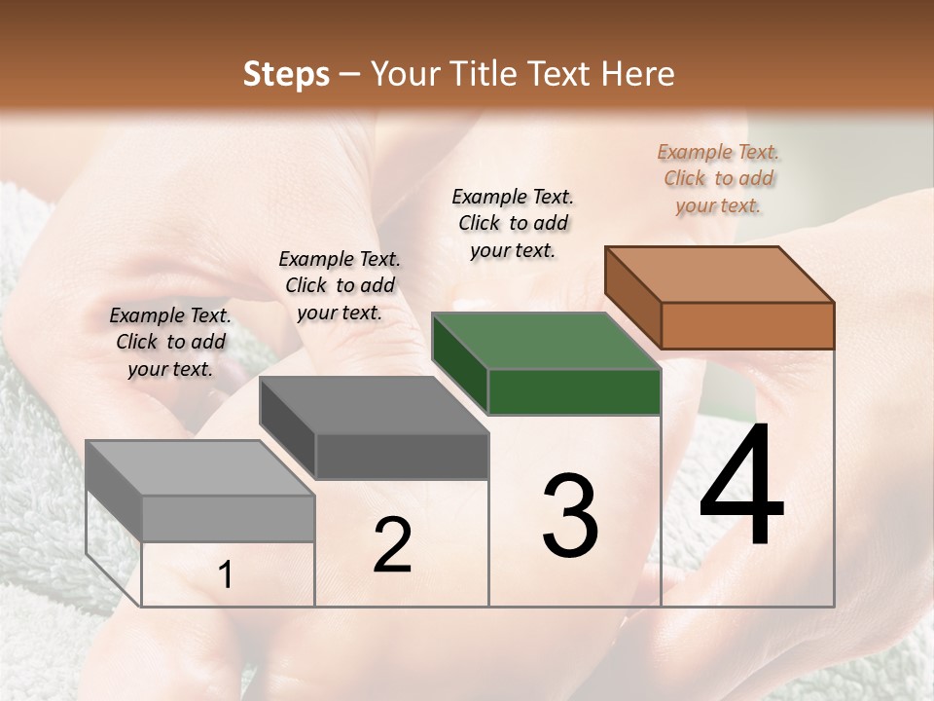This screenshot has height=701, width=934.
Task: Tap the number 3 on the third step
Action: tap(569, 516)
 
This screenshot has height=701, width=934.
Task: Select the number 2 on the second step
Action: tap(392, 545)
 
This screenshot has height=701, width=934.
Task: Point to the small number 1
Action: tap(226, 575)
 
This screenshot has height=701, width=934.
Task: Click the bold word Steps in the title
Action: tap(286, 74)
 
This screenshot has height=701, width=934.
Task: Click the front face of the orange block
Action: tap(747, 325)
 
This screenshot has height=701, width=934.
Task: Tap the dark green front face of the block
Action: tap(574, 391)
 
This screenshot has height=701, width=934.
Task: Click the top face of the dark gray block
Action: tap(374, 405)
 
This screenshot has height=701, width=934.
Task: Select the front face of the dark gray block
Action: tap(402, 456)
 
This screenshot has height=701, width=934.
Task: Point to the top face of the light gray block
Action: tap(200, 468)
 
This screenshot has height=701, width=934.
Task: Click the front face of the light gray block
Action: tap(228, 518)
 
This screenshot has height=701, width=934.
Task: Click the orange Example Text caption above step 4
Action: tap(718, 179)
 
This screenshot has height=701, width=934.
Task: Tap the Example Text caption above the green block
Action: tap(513, 224)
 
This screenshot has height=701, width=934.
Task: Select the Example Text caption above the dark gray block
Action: tap(340, 286)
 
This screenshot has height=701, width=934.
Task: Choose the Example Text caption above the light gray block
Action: tap(170, 343)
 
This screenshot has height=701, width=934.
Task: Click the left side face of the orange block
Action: tap(633, 298)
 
